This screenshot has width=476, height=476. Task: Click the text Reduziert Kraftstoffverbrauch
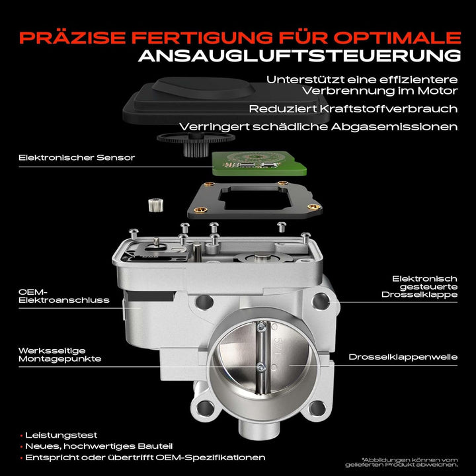[x=353, y=108]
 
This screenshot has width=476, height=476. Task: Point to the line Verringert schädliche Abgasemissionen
[x=318, y=126]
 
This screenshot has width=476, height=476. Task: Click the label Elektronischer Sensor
[x=77, y=157]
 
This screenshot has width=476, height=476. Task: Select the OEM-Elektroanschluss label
[x=64, y=295]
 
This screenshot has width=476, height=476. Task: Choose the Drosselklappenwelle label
[x=403, y=357]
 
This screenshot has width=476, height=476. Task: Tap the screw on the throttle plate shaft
[x=262, y=368]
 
